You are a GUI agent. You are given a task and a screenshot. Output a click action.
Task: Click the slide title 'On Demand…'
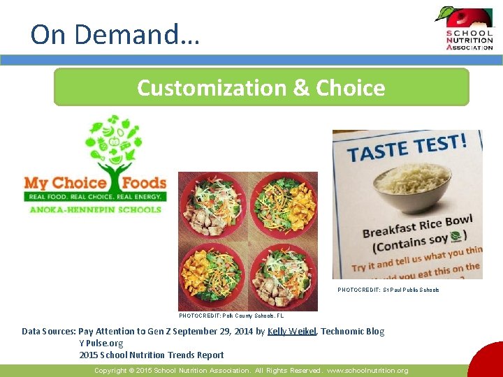pos(115,34)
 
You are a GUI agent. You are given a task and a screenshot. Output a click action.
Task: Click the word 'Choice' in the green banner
pos(350,88)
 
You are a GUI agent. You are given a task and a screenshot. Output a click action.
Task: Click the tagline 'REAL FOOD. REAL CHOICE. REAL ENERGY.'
pos(95,198)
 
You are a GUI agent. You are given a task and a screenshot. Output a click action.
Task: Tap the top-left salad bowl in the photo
pos(212,206)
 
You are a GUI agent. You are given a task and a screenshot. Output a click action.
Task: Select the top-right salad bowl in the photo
pos(283,205)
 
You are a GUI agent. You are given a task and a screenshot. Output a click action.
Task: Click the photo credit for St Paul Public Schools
pos(388,290)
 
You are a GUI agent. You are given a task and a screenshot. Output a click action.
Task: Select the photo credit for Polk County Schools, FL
pos(231,316)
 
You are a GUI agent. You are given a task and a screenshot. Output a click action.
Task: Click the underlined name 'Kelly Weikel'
pos(291,332)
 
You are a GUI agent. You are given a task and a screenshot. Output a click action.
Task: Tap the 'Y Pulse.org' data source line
pos(101,343)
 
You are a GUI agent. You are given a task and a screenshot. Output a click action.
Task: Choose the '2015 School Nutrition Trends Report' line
pos(152,355)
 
